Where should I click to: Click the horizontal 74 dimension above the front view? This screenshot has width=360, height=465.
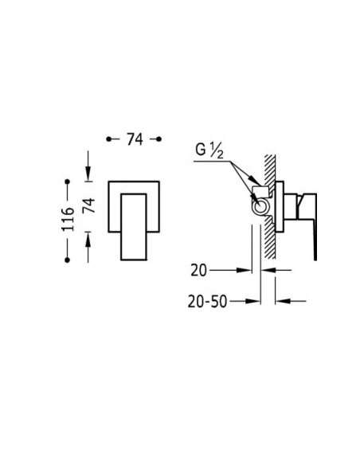135,139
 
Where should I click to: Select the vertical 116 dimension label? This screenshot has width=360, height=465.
68,219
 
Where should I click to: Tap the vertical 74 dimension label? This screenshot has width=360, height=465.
89,205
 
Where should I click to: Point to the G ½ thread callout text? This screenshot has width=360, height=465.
209,150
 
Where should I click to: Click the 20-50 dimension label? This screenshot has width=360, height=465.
207,302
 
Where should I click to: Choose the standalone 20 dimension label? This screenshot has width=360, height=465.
198,271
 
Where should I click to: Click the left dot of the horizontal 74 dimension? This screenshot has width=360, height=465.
109,139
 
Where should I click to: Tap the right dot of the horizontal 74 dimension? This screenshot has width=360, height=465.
158,139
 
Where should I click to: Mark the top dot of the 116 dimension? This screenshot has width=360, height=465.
68,182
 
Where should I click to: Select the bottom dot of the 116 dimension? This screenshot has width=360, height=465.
68,260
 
